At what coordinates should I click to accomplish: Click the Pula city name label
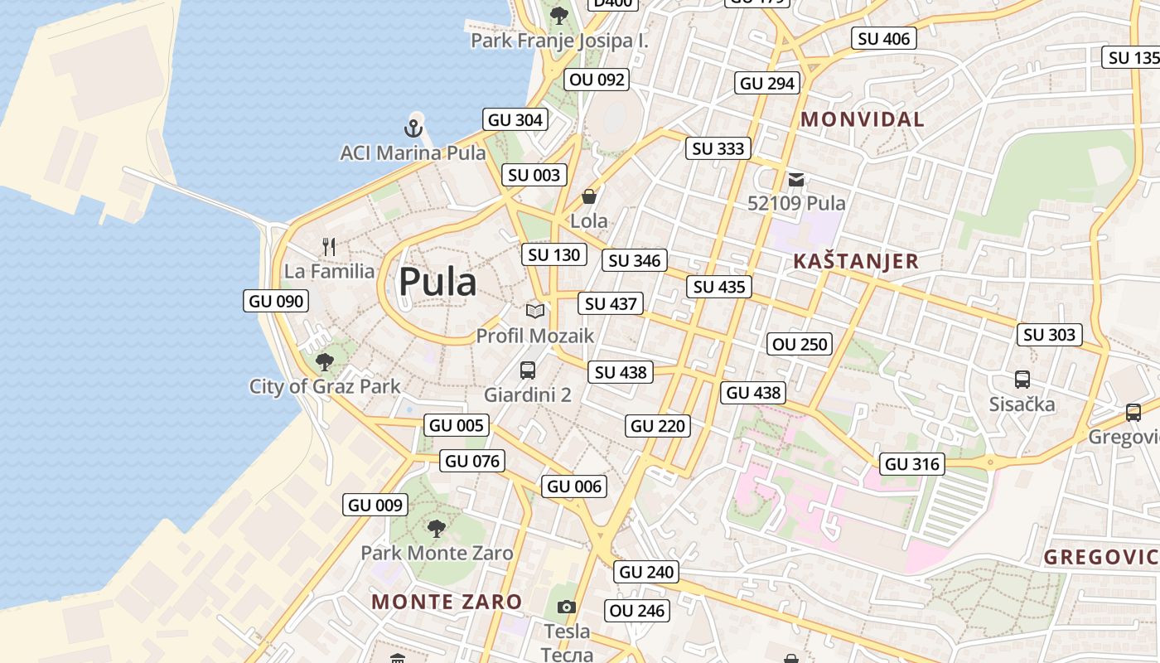[x=437, y=283]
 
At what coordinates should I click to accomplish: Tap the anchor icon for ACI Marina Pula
[x=413, y=128]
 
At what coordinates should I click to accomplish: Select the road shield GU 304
[x=515, y=120]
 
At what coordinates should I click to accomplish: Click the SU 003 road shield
[x=534, y=175]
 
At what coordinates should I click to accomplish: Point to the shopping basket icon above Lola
[x=589, y=196]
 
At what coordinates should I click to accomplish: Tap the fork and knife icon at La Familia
[x=329, y=246]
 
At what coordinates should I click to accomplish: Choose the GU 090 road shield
[x=277, y=301]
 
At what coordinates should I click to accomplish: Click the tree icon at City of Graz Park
[x=325, y=361]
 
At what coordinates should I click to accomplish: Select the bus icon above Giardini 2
[x=528, y=370]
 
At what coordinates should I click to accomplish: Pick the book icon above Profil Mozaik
[x=535, y=311]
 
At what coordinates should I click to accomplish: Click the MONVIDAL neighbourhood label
[x=863, y=119]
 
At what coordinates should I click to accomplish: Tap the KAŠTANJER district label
[x=856, y=262]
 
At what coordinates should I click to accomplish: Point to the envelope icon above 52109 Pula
[x=796, y=179]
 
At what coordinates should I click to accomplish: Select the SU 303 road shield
[x=1050, y=335]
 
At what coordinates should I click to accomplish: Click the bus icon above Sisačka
[x=1022, y=380]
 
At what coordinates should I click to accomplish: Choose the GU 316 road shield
[x=912, y=464]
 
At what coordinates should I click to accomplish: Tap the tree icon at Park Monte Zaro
[x=436, y=528]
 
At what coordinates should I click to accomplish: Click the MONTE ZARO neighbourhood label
[x=447, y=602]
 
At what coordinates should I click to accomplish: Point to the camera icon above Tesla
[x=567, y=607]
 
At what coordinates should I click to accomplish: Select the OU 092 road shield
[x=597, y=80]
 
